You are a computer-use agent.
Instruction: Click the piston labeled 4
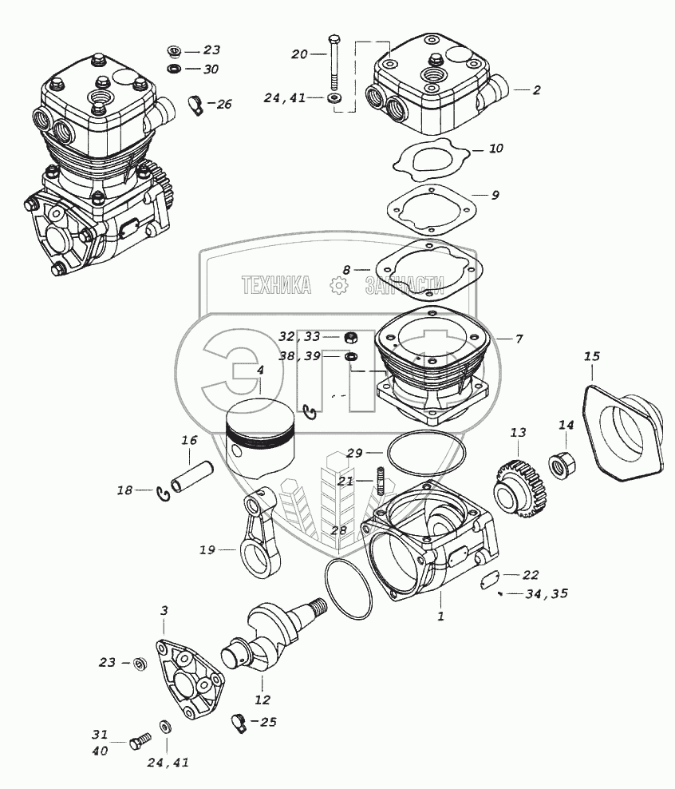(x=261, y=435)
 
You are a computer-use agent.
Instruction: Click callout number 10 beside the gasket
(x=495, y=149)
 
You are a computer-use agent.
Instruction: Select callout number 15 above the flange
(x=591, y=355)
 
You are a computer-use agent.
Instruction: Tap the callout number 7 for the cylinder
(x=519, y=339)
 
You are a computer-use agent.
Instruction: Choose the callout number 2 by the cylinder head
(x=536, y=90)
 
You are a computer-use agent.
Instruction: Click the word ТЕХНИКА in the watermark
(x=276, y=285)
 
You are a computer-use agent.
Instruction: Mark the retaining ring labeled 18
(x=163, y=495)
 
